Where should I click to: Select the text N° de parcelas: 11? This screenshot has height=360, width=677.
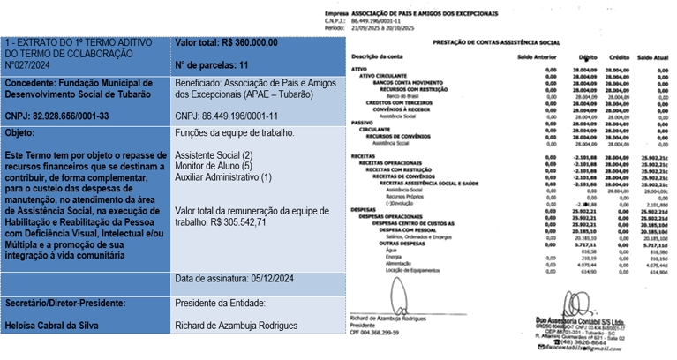click(212, 65)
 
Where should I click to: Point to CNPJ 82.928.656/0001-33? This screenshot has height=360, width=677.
click(56, 116)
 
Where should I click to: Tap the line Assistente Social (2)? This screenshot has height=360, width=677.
click(214, 155)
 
